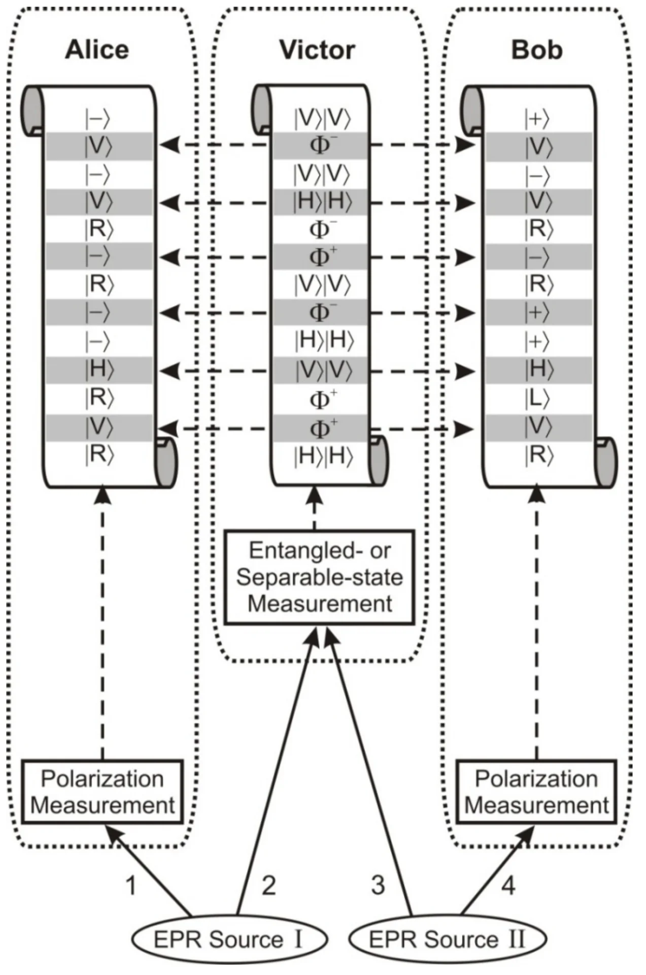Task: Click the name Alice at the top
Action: click(x=97, y=50)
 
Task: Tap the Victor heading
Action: click(x=317, y=50)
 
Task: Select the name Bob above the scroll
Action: click(x=536, y=50)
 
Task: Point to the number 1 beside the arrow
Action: click(x=131, y=885)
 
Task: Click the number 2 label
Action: click(x=268, y=885)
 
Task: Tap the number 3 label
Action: click(x=378, y=885)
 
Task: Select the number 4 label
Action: click(x=508, y=885)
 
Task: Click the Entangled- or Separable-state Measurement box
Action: click(x=320, y=577)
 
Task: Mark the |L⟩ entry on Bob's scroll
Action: click(x=537, y=400)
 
